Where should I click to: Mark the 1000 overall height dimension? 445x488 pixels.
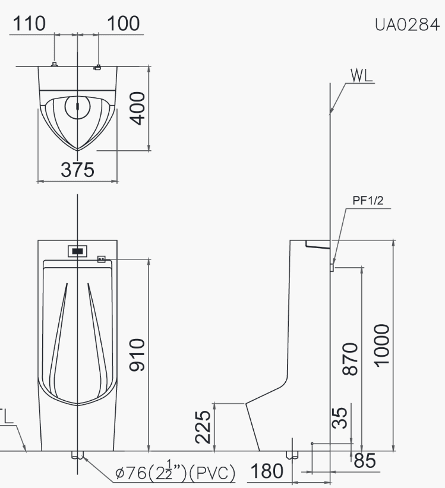[x=382, y=344]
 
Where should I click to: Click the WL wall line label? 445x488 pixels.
[x=361, y=75]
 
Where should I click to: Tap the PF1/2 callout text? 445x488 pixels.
[x=368, y=201]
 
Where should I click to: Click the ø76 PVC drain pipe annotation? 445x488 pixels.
[x=176, y=474]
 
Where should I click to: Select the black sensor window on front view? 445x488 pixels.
[x=77, y=251]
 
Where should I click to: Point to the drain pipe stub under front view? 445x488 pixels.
[x=77, y=456]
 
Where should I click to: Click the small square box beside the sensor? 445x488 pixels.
[x=101, y=259]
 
